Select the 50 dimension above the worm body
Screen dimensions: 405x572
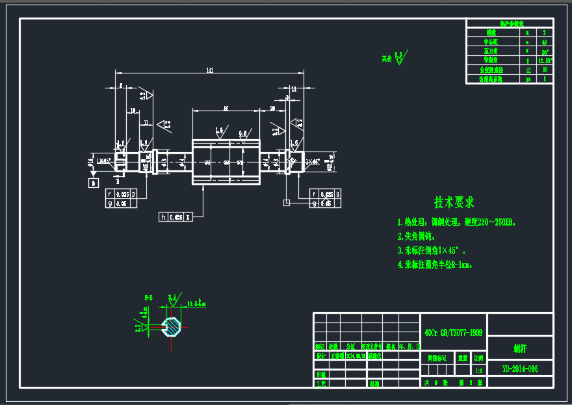click(x=226, y=107)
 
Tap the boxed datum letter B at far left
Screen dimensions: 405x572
click(x=93, y=183)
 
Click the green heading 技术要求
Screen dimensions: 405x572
click(x=454, y=202)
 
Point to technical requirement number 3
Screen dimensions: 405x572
click(x=432, y=250)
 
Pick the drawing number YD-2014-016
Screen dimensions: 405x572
click(x=520, y=369)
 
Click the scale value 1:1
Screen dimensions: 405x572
click(x=479, y=371)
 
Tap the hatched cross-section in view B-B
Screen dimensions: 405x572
click(x=172, y=326)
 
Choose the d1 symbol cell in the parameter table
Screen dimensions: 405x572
click(x=528, y=70)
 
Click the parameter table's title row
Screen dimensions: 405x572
click(x=509, y=23)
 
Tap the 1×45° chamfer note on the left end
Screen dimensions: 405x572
click(x=104, y=161)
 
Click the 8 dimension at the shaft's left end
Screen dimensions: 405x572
click(x=120, y=86)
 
